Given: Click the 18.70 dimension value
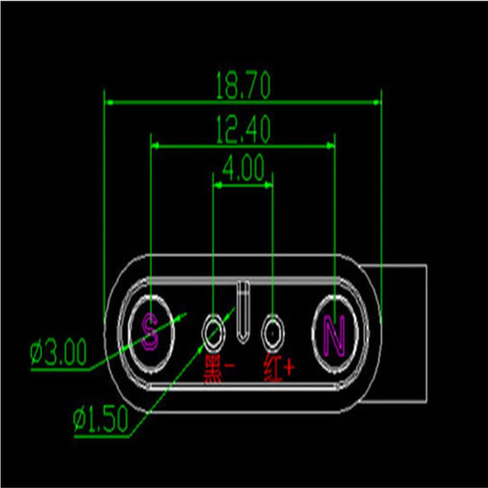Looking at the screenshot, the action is click(243, 85).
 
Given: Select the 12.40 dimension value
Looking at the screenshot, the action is click(243, 129).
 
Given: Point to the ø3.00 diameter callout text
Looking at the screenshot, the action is click(58, 353).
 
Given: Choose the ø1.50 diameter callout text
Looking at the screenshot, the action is click(101, 419).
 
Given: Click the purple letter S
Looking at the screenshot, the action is click(150, 331).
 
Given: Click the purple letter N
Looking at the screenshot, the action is click(334, 335).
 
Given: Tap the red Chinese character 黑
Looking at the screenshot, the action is click(213, 370).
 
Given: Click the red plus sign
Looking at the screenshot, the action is click(289, 368).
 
